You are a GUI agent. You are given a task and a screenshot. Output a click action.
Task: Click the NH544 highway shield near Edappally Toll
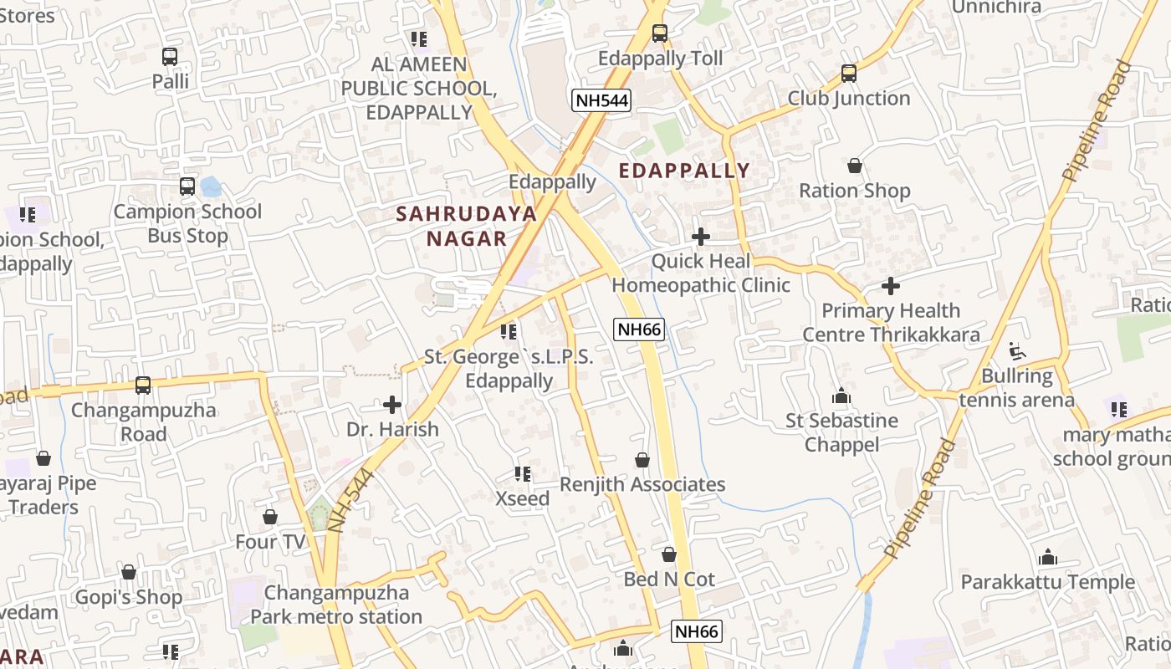click(601, 100)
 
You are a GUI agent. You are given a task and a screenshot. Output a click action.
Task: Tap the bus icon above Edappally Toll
click(659, 33)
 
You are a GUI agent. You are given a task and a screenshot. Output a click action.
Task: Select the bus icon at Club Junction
click(849, 74)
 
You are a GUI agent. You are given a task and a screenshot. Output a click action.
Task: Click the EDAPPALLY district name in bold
click(684, 171)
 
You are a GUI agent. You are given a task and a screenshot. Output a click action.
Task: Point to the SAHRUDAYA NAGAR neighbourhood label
click(466, 226)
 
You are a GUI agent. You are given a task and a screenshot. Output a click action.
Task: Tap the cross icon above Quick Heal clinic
click(701, 237)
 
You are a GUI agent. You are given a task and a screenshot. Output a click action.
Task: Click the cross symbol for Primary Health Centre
click(891, 286)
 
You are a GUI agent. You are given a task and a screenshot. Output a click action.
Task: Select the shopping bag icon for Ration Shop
click(854, 166)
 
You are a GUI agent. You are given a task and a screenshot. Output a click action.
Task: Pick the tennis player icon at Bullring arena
click(1016, 351)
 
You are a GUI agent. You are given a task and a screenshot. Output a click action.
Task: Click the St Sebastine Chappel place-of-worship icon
click(841, 396)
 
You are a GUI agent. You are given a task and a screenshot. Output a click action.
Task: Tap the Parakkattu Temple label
click(1047, 581)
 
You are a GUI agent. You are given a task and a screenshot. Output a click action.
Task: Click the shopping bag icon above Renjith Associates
click(642, 460)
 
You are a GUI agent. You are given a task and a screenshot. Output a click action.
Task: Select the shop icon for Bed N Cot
click(668, 554)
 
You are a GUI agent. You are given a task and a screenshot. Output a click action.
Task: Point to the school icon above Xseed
click(523, 474)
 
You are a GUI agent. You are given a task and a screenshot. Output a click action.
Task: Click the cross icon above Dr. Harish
click(391, 406)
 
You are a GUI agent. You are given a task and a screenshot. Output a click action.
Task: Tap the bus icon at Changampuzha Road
click(143, 386)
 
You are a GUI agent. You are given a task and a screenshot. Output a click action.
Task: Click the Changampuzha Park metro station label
click(336, 605)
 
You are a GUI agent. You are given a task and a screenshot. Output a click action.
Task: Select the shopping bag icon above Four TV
click(269, 517)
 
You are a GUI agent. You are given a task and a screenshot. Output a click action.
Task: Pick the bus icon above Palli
click(170, 57)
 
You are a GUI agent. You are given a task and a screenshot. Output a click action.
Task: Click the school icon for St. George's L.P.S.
click(508, 332)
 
